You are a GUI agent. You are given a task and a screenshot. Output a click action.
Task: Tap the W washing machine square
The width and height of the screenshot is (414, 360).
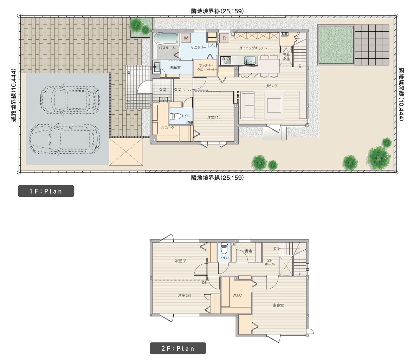coord(186,38)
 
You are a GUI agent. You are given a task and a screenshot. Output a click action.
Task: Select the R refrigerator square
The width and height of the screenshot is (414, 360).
coord(224,38)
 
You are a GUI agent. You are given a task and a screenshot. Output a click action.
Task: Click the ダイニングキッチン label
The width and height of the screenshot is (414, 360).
coord(253,48)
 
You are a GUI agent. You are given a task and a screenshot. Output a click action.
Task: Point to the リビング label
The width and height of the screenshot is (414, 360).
coord(271,86)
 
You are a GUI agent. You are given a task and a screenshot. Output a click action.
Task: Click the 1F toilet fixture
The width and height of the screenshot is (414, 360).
coord(176,116)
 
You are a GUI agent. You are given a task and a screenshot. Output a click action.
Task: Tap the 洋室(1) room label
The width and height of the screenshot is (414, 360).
coord(214,117)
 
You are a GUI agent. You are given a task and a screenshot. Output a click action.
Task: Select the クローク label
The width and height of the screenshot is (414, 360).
coord(168,128)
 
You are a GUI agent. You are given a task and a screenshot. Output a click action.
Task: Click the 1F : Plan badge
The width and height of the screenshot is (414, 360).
coord(46,191)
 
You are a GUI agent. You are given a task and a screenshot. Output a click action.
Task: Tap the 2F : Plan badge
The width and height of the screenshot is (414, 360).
coord(178,348)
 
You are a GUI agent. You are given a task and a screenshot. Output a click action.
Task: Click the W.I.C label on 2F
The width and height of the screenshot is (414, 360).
coord(237,295)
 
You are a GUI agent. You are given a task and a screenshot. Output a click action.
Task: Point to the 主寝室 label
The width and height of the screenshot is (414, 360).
coord(278,305)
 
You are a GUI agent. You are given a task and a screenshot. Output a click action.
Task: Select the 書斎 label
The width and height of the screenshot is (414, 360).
coord(248,251)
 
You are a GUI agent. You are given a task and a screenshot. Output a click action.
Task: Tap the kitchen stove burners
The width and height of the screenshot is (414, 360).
coord(226,60)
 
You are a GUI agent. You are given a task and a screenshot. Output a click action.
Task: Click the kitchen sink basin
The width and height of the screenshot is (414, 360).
coord(250,61)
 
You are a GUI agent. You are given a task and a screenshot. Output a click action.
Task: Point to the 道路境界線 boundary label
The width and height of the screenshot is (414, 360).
coord(14,95)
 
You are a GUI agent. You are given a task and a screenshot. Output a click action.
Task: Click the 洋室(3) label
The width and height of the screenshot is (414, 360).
coord(184,296)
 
